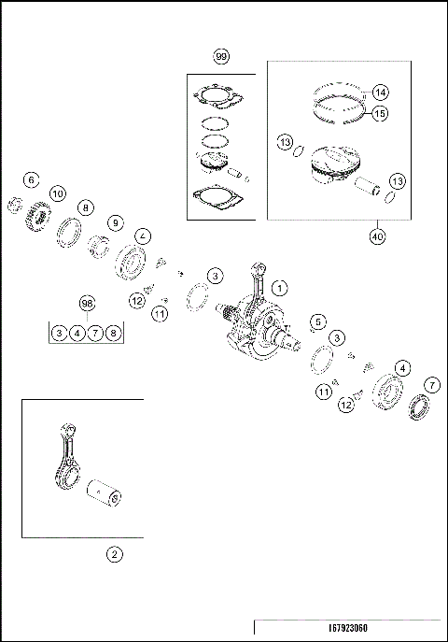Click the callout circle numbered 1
click(x=280, y=288)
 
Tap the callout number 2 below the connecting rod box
click(x=114, y=554)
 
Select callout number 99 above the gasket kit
click(x=221, y=56)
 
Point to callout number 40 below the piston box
click(x=378, y=236)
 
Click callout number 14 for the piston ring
click(x=381, y=93)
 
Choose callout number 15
click(x=380, y=113)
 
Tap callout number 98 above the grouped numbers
click(x=87, y=304)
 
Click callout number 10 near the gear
click(x=58, y=193)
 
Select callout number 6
click(x=32, y=179)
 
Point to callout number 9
click(x=116, y=222)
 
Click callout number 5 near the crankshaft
click(x=318, y=321)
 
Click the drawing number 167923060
click(x=348, y=628)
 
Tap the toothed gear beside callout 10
click(x=37, y=214)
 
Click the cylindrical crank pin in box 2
click(x=104, y=493)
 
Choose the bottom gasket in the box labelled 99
click(x=218, y=197)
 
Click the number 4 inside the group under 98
click(x=77, y=333)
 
